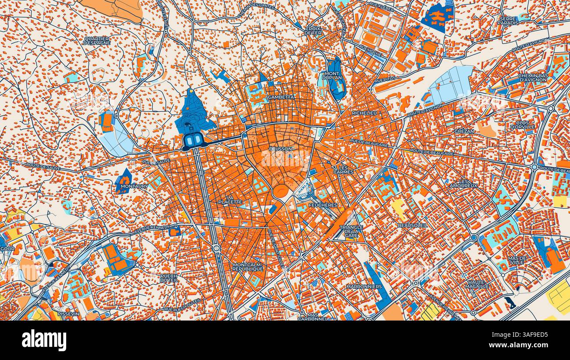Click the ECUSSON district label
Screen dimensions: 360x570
click(280, 149)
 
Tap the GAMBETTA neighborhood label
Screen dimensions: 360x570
click(281, 97)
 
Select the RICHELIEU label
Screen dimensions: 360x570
click(364, 113)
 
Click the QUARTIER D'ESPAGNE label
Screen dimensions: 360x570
click(96, 41)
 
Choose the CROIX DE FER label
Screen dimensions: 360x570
click(313, 31)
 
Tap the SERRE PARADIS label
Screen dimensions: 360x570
click(508, 21)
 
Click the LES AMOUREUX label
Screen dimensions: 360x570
click(463, 183)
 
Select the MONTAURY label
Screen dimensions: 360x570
click(134, 186)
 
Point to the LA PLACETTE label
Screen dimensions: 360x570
click(230, 200)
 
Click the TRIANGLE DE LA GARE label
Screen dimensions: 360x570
click(351, 231)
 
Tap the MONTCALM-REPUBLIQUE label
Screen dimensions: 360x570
click(248, 267)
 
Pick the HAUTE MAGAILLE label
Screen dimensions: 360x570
click(477, 284)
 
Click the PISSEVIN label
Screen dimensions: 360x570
click(69, 314)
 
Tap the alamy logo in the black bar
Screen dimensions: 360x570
click(44, 340)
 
